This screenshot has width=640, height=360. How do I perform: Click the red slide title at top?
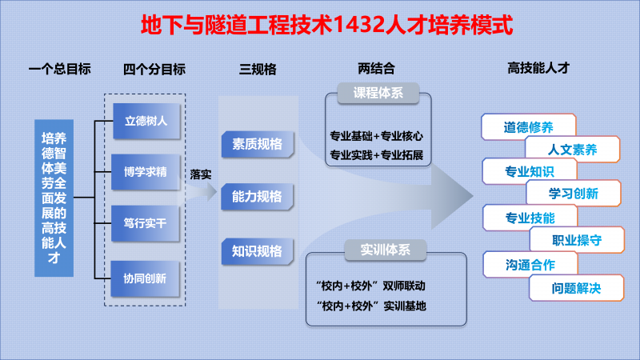(326, 25)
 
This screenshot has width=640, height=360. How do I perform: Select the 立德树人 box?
(146, 122)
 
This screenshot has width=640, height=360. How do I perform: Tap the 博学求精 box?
(146, 172)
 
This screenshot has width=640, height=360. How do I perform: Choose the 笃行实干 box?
(146, 223)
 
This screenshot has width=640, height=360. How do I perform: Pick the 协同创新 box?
(145, 278)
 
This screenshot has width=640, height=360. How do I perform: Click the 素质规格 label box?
(258, 144)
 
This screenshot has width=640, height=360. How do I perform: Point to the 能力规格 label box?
(257, 197)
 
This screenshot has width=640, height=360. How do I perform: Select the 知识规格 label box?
(257, 251)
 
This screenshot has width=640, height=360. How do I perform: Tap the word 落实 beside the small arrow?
(201, 174)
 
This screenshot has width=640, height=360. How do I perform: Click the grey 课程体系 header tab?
(378, 93)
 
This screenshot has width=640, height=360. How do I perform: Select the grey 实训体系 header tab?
(386, 250)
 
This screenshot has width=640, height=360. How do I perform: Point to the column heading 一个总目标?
(59, 69)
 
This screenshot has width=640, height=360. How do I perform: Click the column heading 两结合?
(376, 68)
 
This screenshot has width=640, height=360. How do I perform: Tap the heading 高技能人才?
(538, 68)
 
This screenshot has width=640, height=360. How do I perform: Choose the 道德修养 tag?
(529, 127)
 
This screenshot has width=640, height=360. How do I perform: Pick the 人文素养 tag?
(573, 150)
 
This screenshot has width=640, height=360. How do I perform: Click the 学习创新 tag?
(574, 193)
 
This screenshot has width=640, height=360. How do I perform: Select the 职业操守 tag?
(577, 240)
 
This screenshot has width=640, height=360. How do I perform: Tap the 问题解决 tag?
(576, 288)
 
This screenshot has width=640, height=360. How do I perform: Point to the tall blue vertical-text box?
(54, 198)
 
